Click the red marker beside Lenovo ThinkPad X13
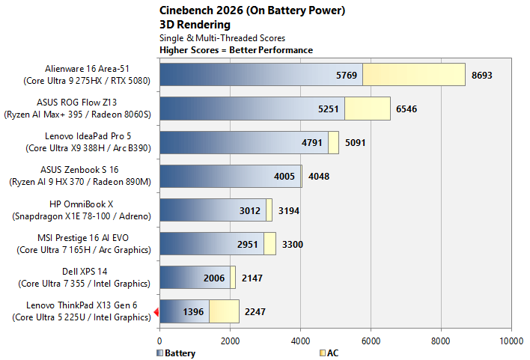coord(156,311)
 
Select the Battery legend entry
coord(176,353)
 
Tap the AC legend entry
coord(329,353)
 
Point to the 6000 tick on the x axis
coord(371,341)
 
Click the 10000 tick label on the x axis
coord(511,341)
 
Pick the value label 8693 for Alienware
coord(481,75)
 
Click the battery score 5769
coord(347,75)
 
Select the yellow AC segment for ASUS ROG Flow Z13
coord(368,109)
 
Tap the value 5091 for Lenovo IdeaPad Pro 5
coord(356,143)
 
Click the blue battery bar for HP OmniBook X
coord(213,210)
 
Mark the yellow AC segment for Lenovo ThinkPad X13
coord(224,311)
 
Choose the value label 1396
coord(193,311)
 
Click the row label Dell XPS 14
coord(85,272)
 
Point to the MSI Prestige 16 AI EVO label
coord(83,238)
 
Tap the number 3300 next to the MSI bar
coord(293,245)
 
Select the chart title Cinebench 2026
coord(201,10)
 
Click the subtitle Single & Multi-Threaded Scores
coord(222,38)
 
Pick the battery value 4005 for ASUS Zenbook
coord(284,177)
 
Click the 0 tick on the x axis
coord(160,341)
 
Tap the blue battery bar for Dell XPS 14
coord(195,278)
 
